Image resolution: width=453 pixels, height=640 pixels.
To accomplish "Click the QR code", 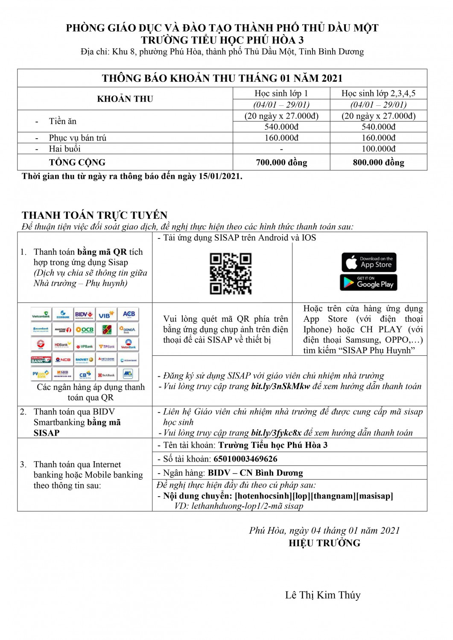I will [x=231, y=273].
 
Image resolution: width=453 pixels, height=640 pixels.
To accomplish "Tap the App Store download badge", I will [x=369, y=262].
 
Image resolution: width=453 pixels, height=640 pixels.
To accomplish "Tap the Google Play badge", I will [x=368, y=282].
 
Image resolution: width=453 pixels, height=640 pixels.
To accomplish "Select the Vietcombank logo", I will [x=41, y=315].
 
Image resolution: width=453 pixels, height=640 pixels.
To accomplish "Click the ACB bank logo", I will [x=129, y=315].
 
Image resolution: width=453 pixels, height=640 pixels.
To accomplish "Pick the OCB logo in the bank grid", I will [x=85, y=329].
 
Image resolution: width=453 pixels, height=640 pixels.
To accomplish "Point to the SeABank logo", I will [x=107, y=375].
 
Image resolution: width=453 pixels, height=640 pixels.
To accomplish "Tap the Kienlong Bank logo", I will [x=41, y=360].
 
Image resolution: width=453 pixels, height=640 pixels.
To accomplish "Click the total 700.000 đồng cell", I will [x=281, y=163].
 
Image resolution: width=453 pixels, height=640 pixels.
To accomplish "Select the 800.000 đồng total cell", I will [x=378, y=163].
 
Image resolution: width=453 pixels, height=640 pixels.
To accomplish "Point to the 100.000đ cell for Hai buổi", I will [x=378, y=148].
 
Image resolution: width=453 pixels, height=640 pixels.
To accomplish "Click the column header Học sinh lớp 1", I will [x=281, y=93].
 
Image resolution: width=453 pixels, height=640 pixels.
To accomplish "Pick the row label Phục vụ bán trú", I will [x=77, y=138].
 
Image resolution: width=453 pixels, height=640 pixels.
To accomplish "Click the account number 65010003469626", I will [x=245, y=459].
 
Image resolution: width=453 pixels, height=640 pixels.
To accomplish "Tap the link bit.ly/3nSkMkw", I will [x=280, y=387].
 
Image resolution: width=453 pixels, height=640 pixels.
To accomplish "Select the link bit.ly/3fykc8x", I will [x=276, y=433].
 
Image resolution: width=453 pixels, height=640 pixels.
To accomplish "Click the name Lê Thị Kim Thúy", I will [x=323, y=595].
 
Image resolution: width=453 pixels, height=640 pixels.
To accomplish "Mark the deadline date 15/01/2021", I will [x=220, y=176].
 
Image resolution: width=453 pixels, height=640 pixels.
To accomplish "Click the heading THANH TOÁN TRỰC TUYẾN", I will [x=94, y=215].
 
